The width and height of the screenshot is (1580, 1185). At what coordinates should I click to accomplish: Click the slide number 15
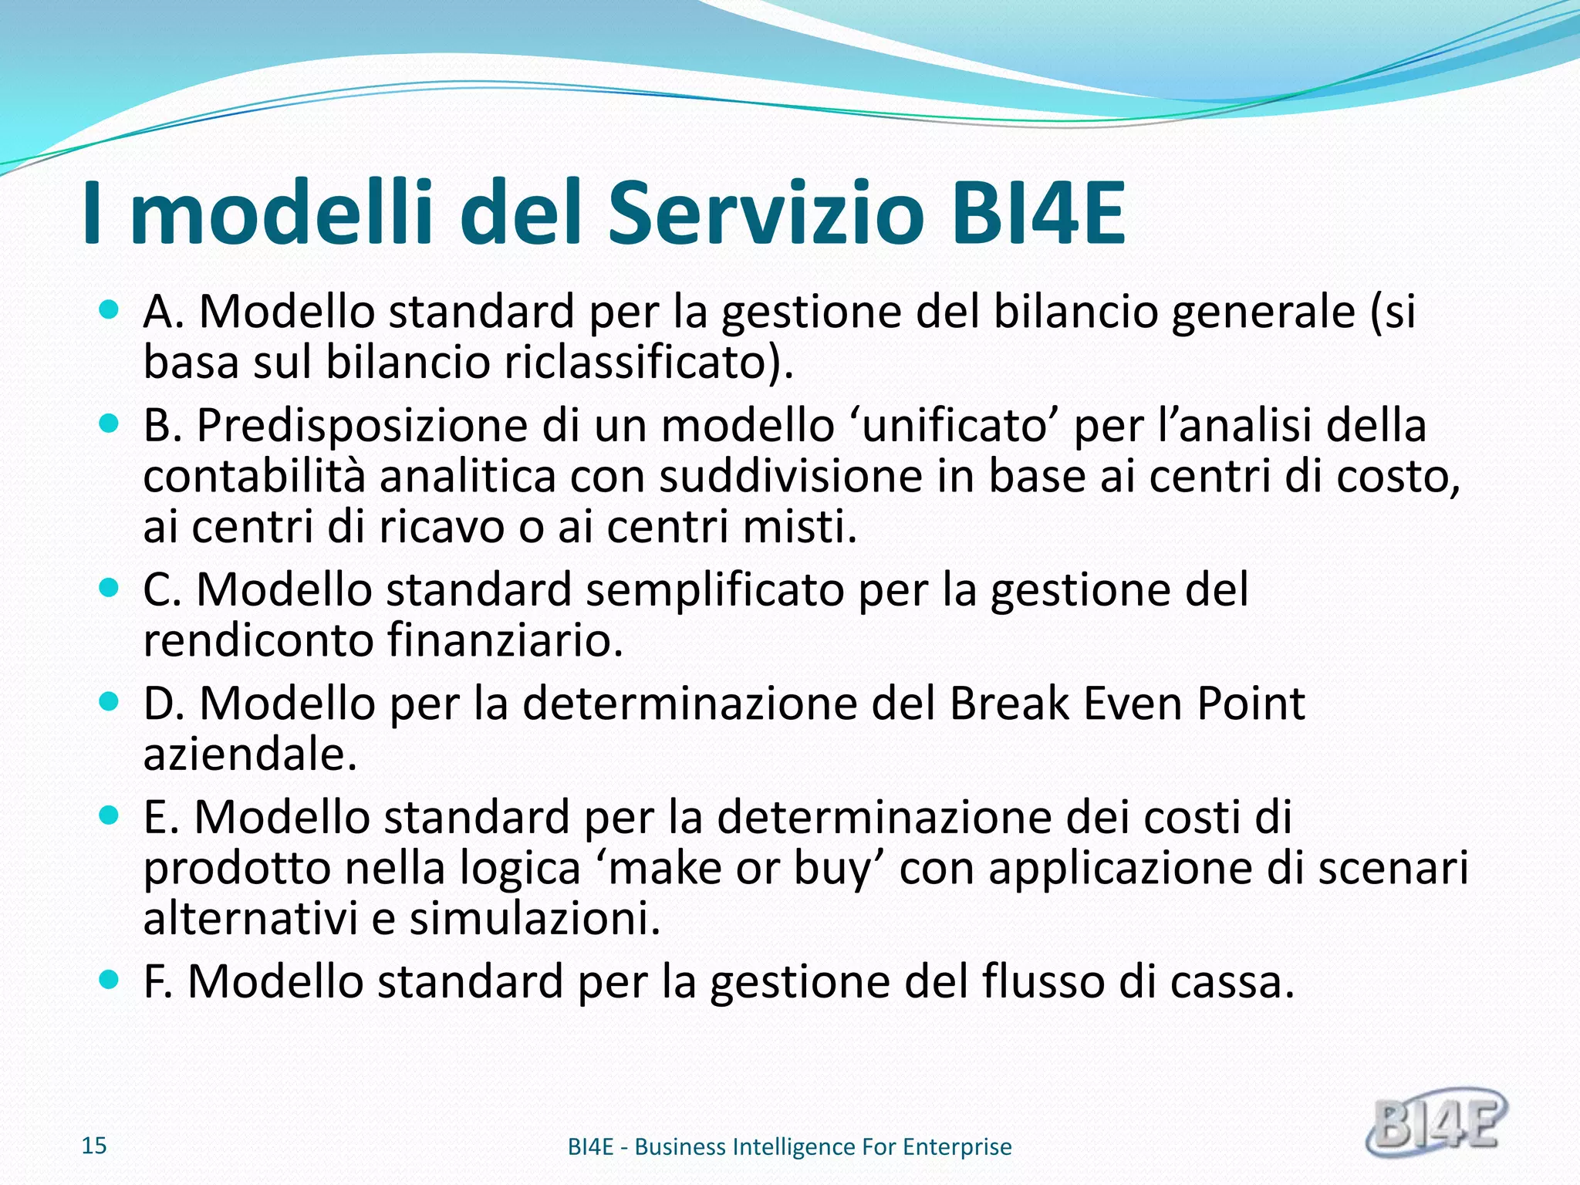[x=94, y=1146]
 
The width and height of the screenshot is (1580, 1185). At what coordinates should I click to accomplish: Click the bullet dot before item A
[x=110, y=311]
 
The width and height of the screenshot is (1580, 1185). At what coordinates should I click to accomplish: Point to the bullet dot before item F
[x=110, y=981]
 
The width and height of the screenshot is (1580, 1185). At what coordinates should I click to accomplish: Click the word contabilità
[x=254, y=476]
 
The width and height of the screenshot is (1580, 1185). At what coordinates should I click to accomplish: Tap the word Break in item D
[x=1009, y=703]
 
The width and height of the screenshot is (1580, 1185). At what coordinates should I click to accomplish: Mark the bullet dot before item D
[x=110, y=702]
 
